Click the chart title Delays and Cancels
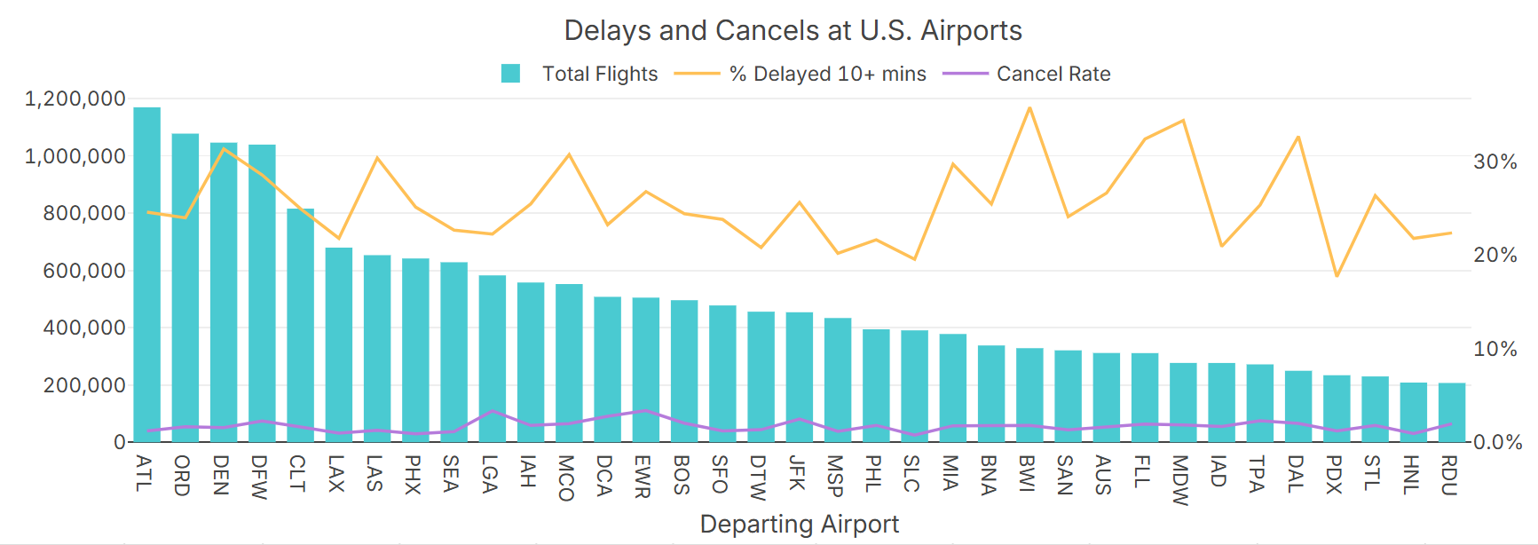pos(793,30)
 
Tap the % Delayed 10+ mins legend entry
pos(801,74)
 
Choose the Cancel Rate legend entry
pos(1027,74)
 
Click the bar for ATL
pos(146,275)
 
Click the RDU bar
pos(1451,413)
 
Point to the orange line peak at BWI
pos(1029,108)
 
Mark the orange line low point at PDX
pos(1337,276)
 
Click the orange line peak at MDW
pos(1183,121)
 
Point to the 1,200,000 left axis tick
pos(75,99)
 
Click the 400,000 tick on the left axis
pos(84,328)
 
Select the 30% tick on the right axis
pos(1495,162)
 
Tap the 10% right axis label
pos(1495,349)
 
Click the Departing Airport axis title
pos(799,524)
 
